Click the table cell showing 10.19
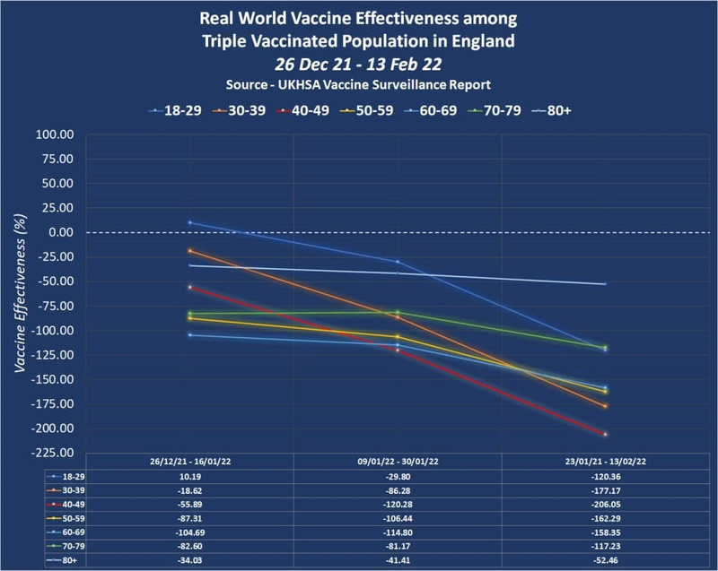pyautogui.click(x=189, y=475)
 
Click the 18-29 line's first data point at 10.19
pyautogui.click(x=189, y=222)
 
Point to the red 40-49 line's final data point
pyautogui.click(x=606, y=434)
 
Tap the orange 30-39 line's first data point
pyautogui.click(x=189, y=251)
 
